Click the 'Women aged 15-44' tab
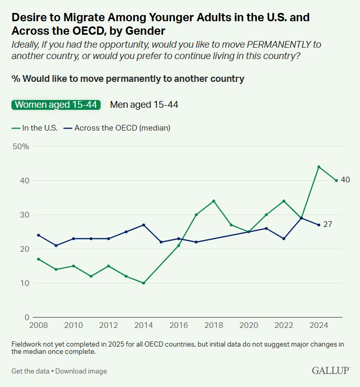56,105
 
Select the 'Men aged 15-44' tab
144,105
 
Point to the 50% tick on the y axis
20,147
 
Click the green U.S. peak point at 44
319,167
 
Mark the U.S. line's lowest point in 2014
143,283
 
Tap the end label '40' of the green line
345,180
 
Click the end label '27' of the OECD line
327,225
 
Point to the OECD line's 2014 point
143,225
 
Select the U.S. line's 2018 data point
214,201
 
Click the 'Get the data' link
31,371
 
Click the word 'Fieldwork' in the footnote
27,345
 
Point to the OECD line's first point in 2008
38,235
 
